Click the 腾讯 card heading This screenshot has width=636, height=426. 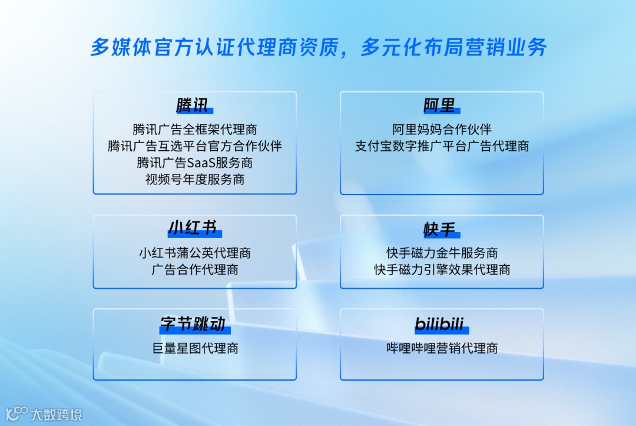click(194, 106)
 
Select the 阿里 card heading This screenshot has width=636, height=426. click(440, 106)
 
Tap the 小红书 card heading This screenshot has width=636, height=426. click(194, 229)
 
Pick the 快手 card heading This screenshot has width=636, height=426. click(440, 229)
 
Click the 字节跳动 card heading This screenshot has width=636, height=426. click(194, 324)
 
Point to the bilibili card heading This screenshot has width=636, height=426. click(440, 324)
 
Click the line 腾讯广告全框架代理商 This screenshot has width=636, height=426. click(194, 129)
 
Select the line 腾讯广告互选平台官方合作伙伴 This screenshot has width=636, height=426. click(194, 146)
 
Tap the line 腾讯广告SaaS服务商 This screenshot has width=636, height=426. click(194, 163)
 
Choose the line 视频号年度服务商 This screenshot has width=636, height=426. click(194, 179)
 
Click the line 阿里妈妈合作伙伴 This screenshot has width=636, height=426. click(442, 129)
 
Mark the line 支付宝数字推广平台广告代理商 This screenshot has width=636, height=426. click(442, 146)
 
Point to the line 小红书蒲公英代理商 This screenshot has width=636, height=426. click(194, 253)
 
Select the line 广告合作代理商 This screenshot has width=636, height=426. click(194, 270)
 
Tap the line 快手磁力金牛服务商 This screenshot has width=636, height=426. click(442, 253)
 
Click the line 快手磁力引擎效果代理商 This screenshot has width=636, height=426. click(442, 270)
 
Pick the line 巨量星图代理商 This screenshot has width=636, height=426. click(194, 348)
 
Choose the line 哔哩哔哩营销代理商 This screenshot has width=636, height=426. click(442, 348)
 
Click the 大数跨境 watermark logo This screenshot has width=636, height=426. click(44, 414)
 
